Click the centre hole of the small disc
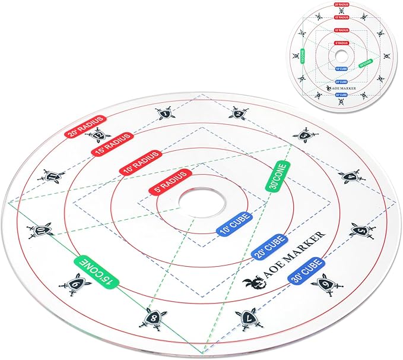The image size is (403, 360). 341,54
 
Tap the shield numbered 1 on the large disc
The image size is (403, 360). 166,112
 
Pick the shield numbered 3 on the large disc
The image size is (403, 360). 305,136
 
